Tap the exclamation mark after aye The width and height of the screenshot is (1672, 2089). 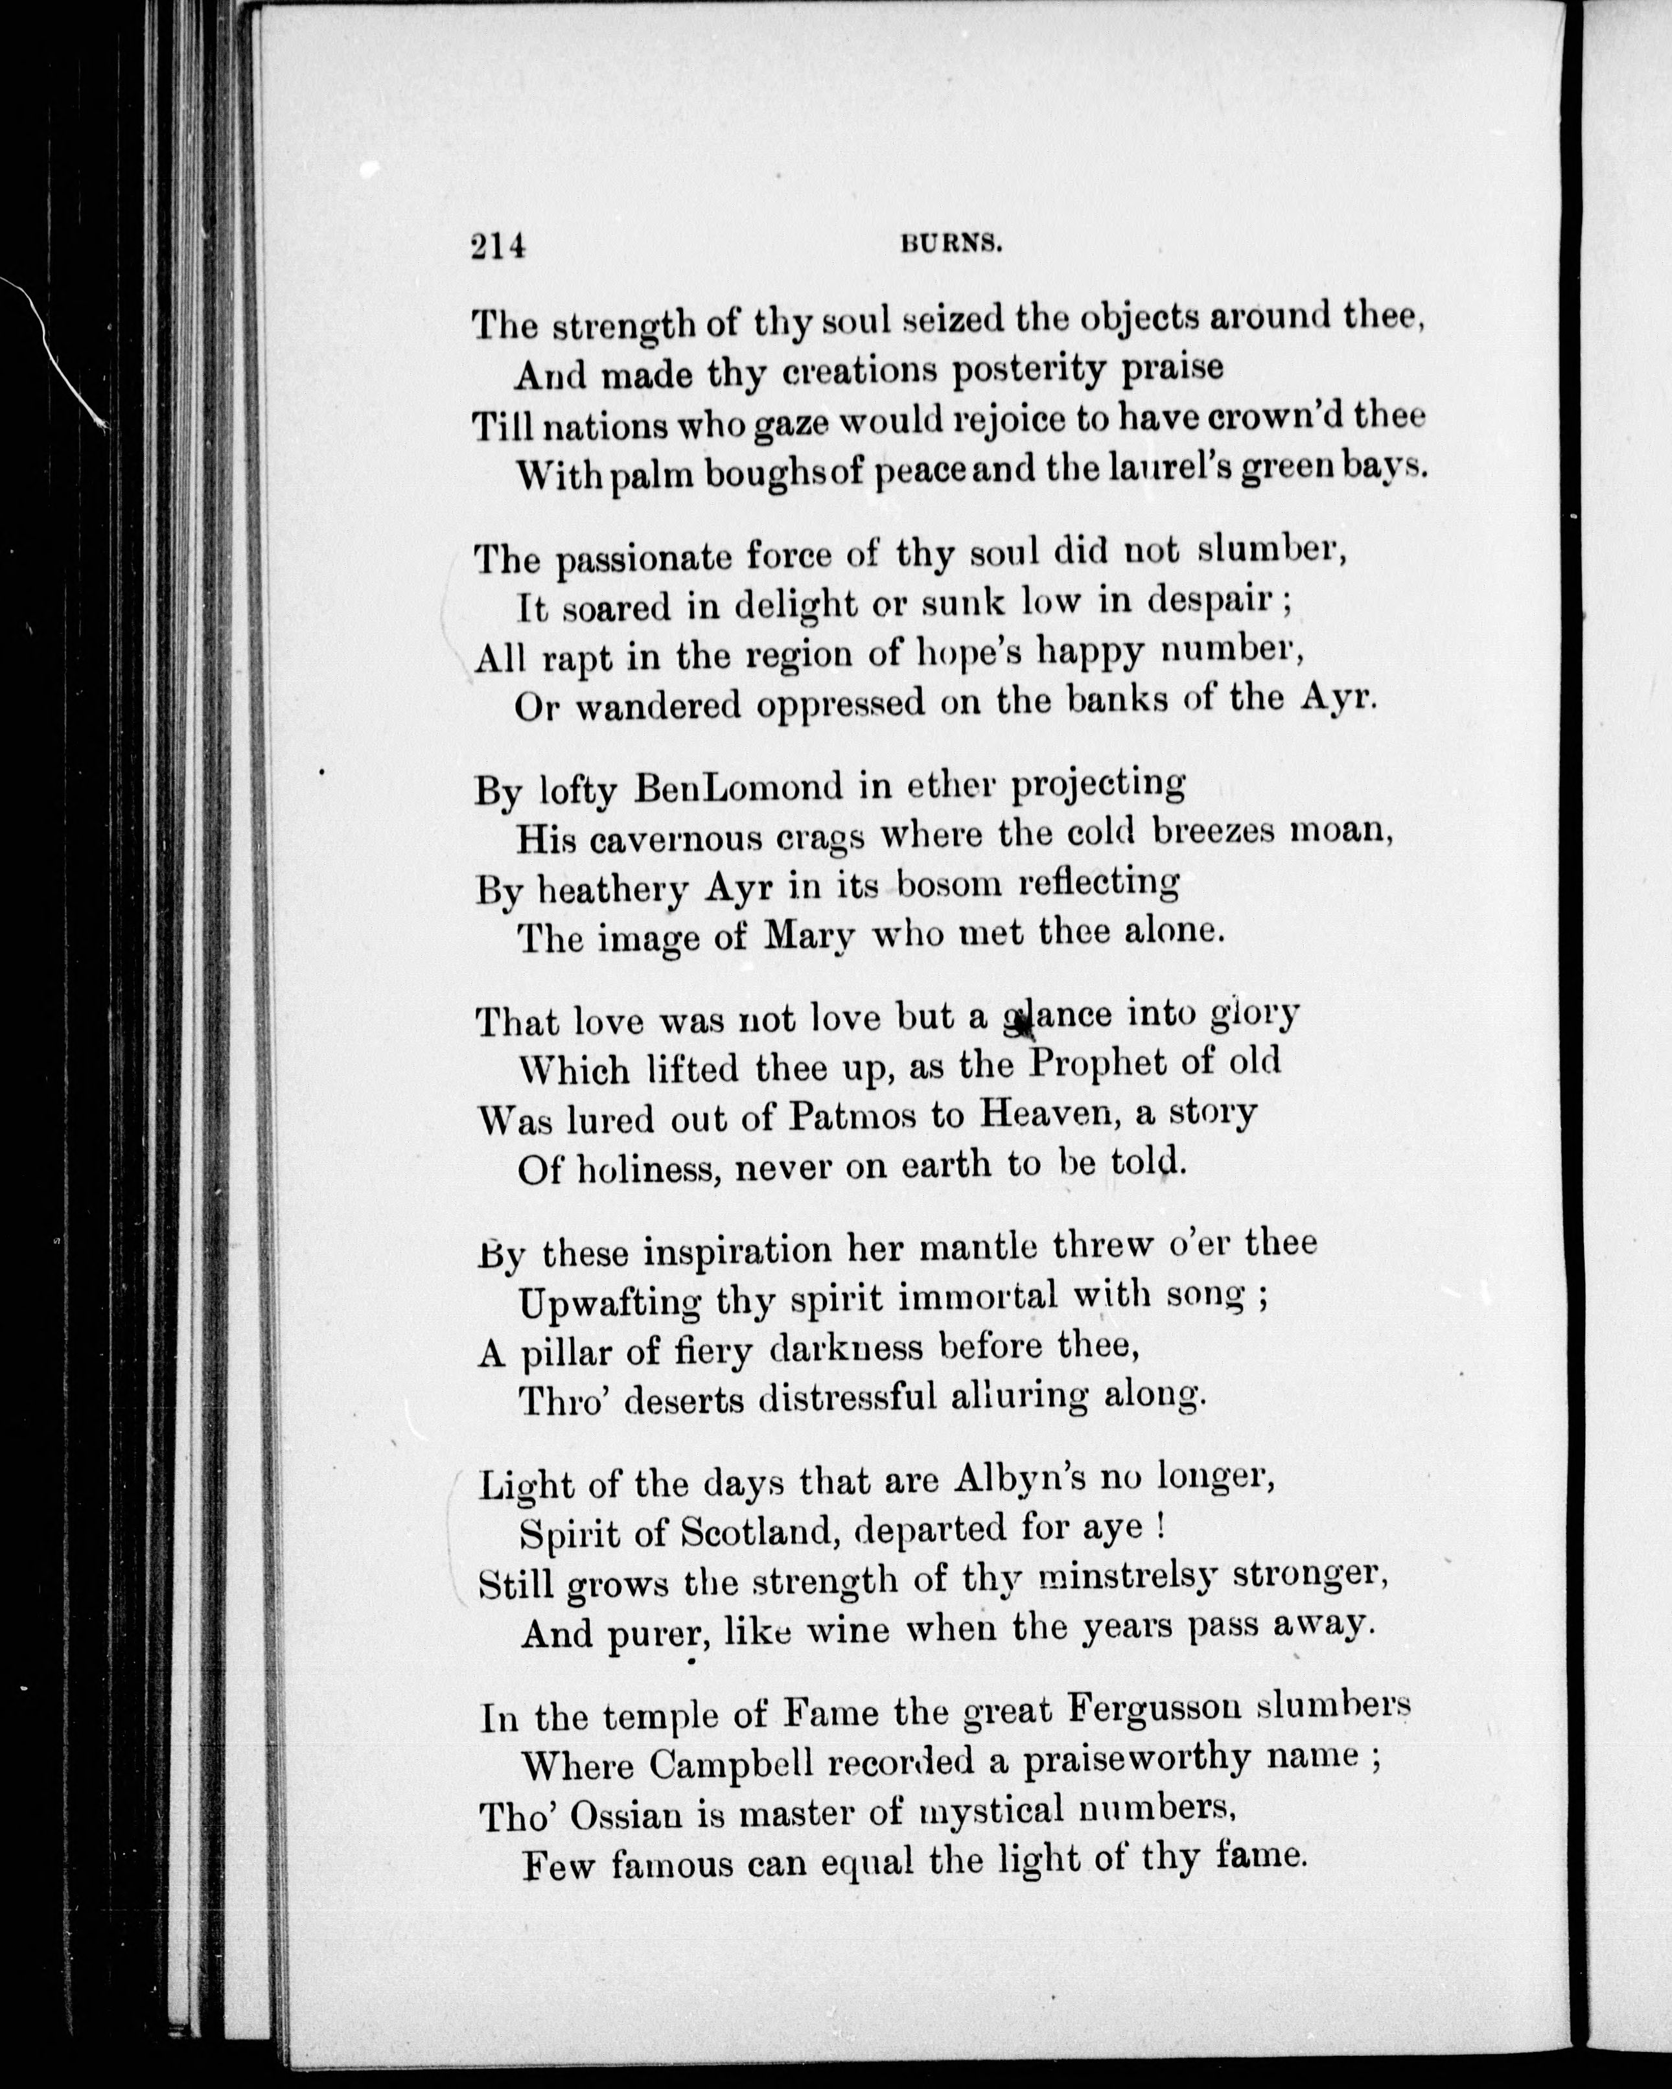(1160, 1529)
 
